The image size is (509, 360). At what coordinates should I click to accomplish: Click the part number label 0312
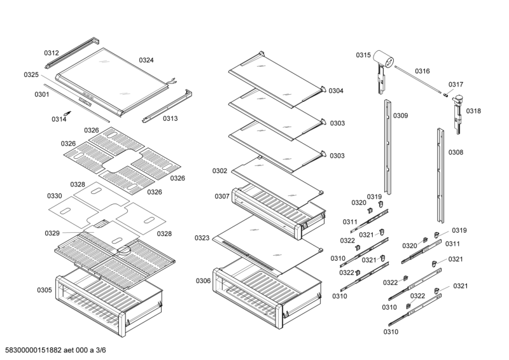pos(52,53)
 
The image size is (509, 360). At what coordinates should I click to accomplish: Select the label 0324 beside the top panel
pos(146,60)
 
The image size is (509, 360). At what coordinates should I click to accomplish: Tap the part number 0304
pos(336,91)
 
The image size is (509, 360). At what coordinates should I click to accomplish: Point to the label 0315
pos(363,55)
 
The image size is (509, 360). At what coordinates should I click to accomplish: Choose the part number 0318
pos(473,111)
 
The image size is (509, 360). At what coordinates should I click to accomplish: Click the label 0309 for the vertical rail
pos(401,116)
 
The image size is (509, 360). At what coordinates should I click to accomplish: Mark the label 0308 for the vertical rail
pos(456,152)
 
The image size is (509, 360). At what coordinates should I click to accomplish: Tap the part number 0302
pos(220,170)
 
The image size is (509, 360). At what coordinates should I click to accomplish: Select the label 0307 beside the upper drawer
pos(222,196)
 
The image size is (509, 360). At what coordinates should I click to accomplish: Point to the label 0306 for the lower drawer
pos(204,280)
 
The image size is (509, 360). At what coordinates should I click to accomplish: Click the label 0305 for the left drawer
pos(45,290)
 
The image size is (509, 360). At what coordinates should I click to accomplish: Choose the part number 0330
pos(55,195)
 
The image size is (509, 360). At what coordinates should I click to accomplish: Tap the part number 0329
pos(52,233)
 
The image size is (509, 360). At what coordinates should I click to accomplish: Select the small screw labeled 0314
pos(72,113)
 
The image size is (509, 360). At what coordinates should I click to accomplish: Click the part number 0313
pos(170,118)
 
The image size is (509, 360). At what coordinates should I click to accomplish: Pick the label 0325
pos(32,74)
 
